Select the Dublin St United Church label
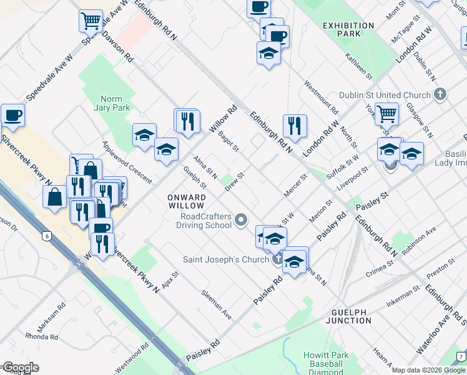(x=385, y=95)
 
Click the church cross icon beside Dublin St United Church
(x=440, y=95)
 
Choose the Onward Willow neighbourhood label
(x=186, y=201)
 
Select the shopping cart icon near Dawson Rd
(x=91, y=21)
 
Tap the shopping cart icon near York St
(x=387, y=114)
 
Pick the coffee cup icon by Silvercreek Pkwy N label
(x=12, y=115)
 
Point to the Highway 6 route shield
(x=46, y=236)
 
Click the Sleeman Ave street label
(x=216, y=305)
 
